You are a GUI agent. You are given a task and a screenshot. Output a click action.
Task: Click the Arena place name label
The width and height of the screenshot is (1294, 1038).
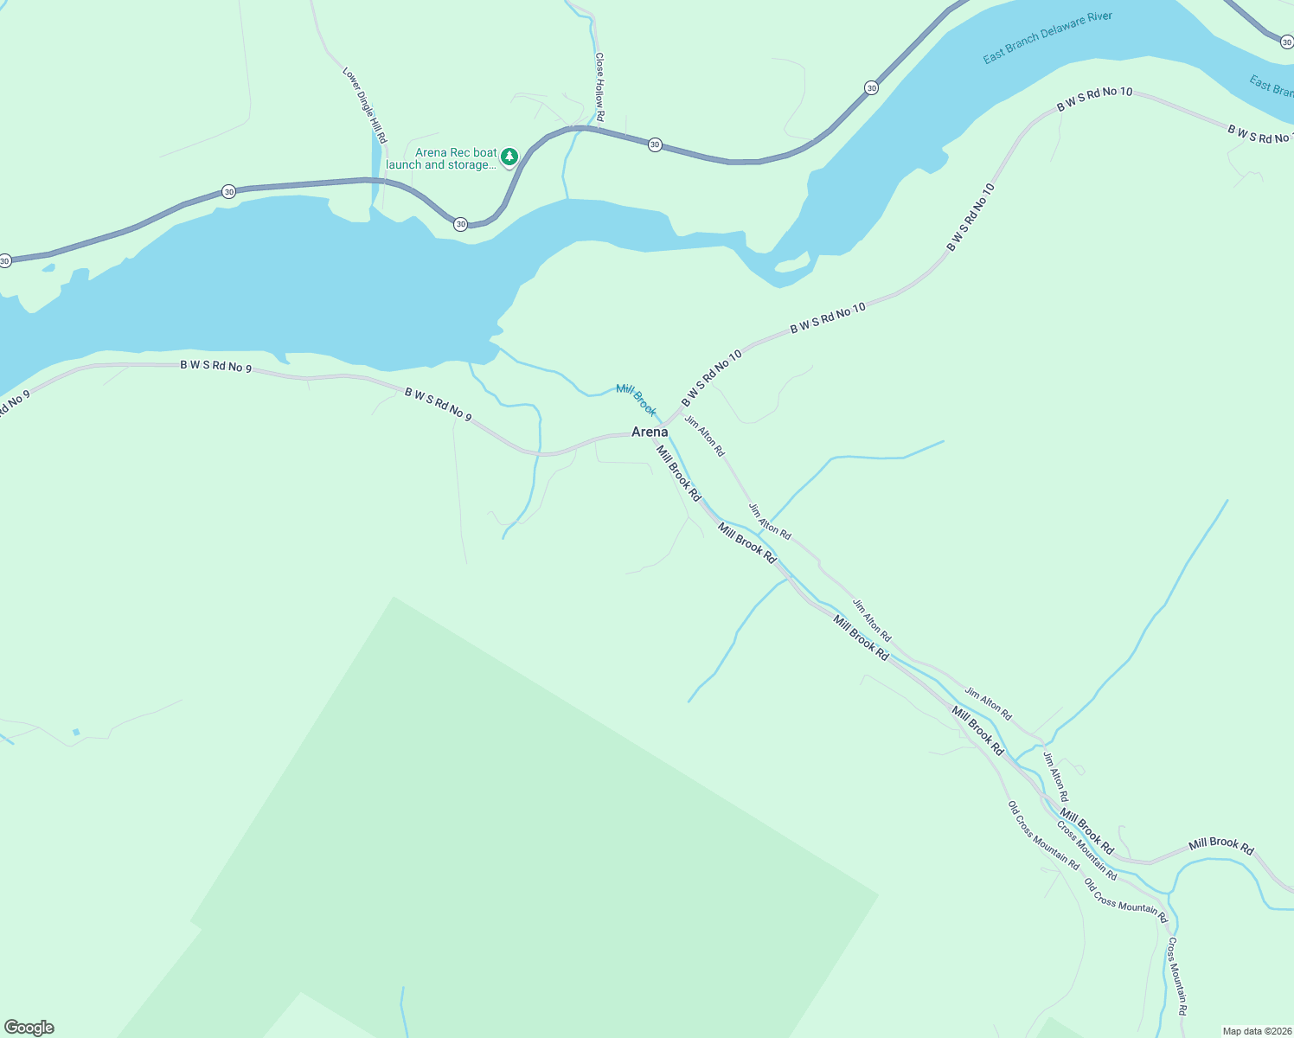point(649,432)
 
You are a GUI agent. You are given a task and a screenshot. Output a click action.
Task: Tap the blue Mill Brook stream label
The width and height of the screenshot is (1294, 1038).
point(636,399)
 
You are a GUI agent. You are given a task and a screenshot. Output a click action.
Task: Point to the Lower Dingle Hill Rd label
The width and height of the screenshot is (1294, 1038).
point(364,106)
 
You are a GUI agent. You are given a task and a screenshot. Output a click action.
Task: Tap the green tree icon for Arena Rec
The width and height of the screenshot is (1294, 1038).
point(509,156)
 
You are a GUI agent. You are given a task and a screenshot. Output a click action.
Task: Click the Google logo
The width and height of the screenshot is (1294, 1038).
point(29,1028)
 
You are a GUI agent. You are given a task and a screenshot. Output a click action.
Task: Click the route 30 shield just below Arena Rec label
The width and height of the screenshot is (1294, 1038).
point(460,224)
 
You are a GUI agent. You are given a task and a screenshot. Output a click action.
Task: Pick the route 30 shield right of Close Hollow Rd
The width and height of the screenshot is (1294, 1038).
point(655,144)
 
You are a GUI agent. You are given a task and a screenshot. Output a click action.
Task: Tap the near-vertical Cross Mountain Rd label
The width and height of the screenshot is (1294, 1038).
point(1177,976)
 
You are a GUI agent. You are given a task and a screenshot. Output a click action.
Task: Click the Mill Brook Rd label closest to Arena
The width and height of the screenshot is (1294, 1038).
point(678,472)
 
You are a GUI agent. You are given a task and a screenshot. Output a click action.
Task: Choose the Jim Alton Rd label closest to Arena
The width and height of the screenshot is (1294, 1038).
point(705,436)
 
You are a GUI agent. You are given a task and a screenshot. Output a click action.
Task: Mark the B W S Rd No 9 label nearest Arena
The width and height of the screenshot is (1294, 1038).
point(438,405)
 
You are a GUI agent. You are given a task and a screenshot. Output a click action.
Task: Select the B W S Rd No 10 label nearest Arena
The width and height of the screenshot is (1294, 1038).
point(711,378)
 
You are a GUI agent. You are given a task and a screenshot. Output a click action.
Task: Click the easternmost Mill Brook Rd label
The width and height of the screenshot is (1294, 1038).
point(1220,845)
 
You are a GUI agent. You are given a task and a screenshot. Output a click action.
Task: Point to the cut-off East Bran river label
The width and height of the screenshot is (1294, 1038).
point(1271,86)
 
